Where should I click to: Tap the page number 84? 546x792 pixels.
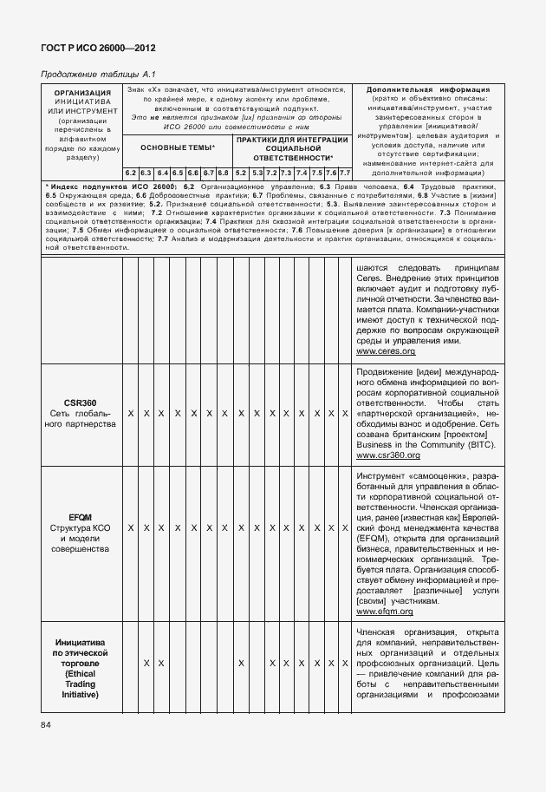pyautogui.click(x=46, y=724)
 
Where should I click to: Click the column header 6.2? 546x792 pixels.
pyautogui.click(x=130, y=173)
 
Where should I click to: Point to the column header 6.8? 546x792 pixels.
pyautogui.click(x=223, y=173)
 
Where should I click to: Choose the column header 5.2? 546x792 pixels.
pyautogui.click(x=240, y=173)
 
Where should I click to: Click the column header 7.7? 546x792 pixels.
pyautogui.click(x=345, y=173)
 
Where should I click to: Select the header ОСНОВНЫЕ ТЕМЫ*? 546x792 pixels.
pyautogui.click(x=178, y=148)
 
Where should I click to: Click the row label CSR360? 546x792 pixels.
pyautogui.click(x=80, y=402)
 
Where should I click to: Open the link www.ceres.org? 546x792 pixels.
pyautogui.click(x=386, y=351)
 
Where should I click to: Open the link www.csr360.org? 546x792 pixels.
pyautogui.click(x=388, y=455)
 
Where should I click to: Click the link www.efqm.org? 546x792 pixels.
pyautogui.click(x=385, y=612)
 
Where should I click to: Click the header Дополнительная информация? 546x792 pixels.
pyautogui.click(x=428, y=89)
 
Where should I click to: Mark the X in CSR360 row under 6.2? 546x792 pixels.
pyautogui.click(x=130, y=414)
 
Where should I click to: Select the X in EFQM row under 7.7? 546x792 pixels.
pyautogui.click(x=345, y=527)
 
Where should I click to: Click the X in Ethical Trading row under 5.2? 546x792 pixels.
pyautogui.click(x=240, y=664)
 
